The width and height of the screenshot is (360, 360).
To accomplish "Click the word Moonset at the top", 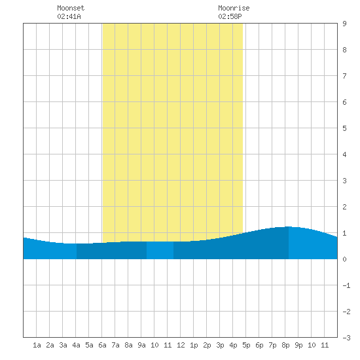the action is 71,8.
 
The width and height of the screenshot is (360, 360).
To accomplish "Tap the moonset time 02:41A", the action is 69,16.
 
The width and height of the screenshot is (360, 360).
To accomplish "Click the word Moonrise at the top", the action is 234,8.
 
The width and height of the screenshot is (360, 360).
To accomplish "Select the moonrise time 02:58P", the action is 230,16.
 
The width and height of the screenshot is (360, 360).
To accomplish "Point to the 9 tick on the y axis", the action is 344,24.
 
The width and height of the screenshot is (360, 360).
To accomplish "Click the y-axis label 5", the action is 344,128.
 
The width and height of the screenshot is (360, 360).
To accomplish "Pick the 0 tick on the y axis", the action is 344,259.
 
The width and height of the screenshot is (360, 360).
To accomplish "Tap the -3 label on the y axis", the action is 346,338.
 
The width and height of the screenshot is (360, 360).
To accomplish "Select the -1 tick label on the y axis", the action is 346,285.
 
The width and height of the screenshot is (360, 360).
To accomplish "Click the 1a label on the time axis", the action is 37,345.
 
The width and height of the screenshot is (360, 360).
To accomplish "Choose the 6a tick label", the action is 102,345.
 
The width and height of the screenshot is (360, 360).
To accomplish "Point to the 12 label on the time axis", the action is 181,345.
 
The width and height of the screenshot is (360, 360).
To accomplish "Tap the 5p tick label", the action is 246,345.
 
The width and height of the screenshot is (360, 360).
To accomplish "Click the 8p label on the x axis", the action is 285,345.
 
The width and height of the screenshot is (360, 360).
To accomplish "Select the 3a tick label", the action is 63,345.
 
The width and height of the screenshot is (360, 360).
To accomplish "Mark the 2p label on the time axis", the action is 207,345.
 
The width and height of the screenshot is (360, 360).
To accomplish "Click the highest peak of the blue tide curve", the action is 289,227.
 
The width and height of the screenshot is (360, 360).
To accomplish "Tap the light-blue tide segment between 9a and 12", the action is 160,250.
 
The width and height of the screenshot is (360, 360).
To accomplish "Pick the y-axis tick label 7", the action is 344,76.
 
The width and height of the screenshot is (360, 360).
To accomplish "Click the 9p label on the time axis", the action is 298,345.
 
